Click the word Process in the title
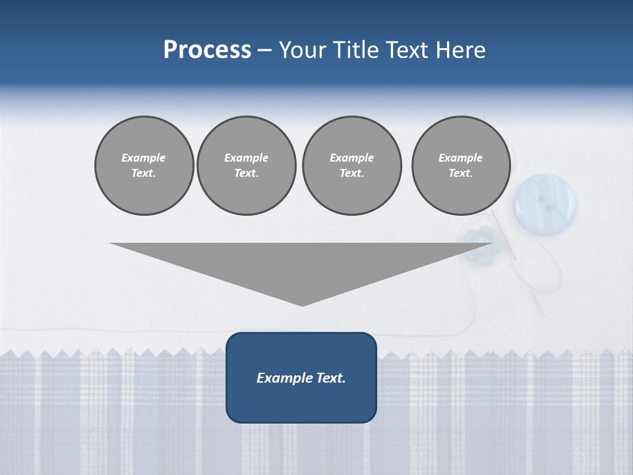[207, 50]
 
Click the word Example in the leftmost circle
[144, 158]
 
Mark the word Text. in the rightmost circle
[460, 173]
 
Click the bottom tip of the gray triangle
[302, 305]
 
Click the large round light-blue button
[545, 199]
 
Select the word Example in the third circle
[351, 158]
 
